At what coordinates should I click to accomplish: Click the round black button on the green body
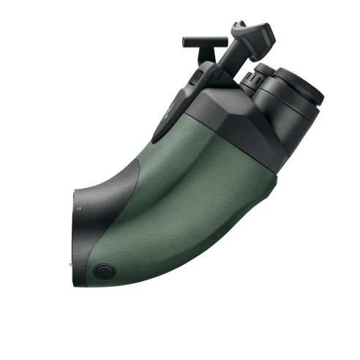(x=102, y=271)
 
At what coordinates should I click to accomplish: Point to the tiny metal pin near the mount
(x=70, y=261)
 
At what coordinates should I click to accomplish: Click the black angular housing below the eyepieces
(x=234, y=113)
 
